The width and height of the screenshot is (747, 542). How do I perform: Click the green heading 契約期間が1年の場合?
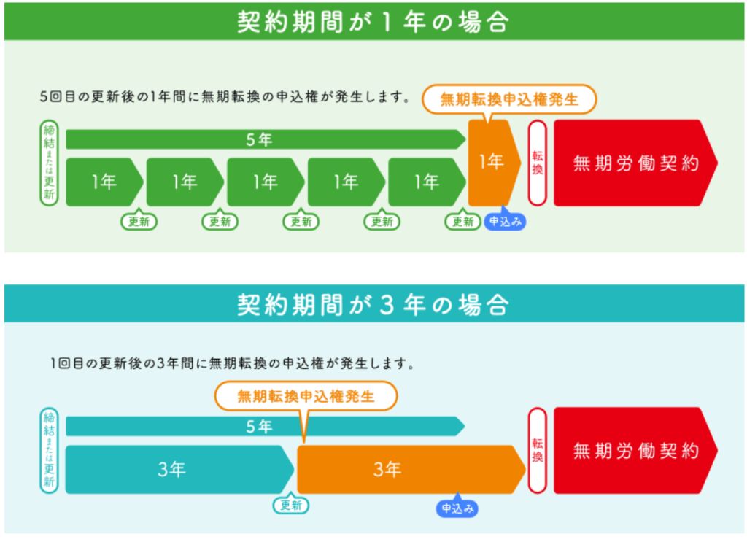(373, 21)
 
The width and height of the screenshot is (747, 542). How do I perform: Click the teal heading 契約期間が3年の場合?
(373, 304)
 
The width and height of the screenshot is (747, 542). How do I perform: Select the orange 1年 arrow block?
(494, 163)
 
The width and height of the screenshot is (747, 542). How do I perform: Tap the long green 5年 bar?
(266, 139)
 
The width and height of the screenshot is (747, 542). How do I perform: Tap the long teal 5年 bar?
(265, 426)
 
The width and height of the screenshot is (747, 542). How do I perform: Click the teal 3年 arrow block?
(179, 470)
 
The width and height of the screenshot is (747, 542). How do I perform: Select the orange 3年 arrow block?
(411, 470)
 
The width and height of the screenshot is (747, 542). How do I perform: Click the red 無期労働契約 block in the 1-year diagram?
(635, 163)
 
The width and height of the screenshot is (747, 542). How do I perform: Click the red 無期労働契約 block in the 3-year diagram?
(635, 451)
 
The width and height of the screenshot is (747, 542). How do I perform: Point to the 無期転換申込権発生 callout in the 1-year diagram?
(509, 99)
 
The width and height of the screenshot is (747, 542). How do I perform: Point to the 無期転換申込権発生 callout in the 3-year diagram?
(306, 396)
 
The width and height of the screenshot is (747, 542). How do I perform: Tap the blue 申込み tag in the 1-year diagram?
(505, 221)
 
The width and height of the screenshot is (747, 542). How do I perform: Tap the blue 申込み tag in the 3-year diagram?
(457, 508)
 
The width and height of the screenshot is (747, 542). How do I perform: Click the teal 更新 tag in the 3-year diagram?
(290, 505)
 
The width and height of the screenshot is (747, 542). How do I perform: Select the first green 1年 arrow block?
(104, 182)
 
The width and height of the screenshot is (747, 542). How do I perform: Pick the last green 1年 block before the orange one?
(427, 182)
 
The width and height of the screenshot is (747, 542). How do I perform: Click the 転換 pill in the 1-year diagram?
(538, 163)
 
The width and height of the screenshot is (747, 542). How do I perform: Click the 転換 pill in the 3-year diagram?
(538, 451)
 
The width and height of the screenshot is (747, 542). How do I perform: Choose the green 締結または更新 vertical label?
(49, 163)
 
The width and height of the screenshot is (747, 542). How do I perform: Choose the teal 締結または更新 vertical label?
(49, 451)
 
